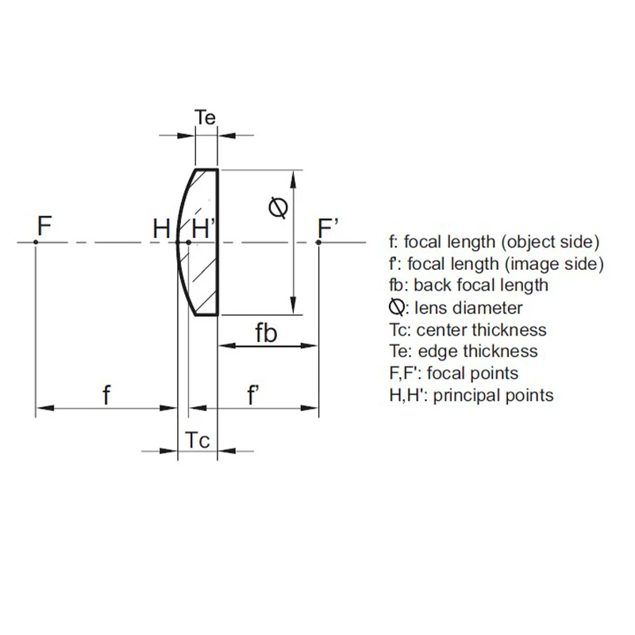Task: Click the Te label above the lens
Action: (x=205, y=118)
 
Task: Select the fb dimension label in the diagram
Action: (x=266, y=333)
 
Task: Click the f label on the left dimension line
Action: (x=106, y=395)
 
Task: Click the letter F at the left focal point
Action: (x=44, y=227)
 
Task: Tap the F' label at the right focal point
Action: (x=329, y=228)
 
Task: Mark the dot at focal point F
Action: (x=37, y=242)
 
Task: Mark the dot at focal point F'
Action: (x=318, y=242)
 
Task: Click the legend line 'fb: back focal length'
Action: (x=468, y=285)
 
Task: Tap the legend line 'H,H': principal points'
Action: (x=471, y=394)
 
